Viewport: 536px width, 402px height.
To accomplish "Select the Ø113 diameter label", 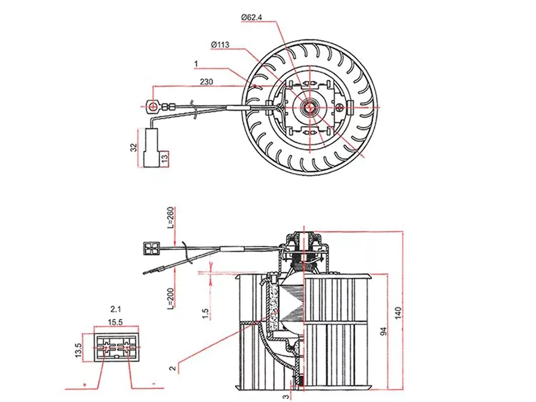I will pyautogui.click(x=220, y=45).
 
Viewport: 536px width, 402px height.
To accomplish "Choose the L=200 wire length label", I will pyautogui.click(x=170, y=297).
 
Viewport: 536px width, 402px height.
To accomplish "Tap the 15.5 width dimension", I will pyautogui.click(x=117, y=322).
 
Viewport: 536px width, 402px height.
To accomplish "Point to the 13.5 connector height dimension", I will pyautogui.click(x=78, y=349).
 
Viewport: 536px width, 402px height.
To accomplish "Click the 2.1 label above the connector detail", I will pyautogui.click(x=115, y=310).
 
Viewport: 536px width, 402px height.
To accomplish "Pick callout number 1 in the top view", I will pyautogui.click(x=196, y=64).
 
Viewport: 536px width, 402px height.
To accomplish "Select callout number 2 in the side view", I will pyautogui.click(x=172, y=367).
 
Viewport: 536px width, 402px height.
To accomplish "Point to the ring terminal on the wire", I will pyautogui.click(x=153, y=105).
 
